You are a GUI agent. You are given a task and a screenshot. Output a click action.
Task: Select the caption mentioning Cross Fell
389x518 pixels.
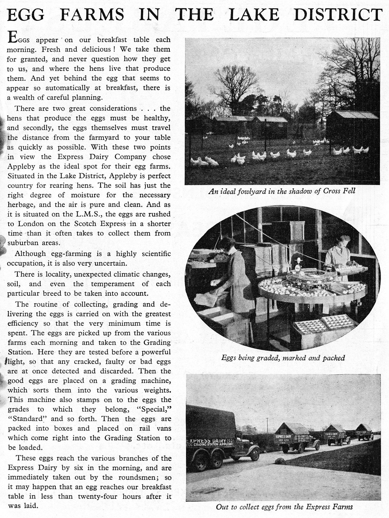point(282,191)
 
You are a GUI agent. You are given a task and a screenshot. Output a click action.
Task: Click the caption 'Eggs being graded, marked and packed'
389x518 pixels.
point(283,358)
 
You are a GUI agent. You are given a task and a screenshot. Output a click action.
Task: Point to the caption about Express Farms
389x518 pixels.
point(284,507)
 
